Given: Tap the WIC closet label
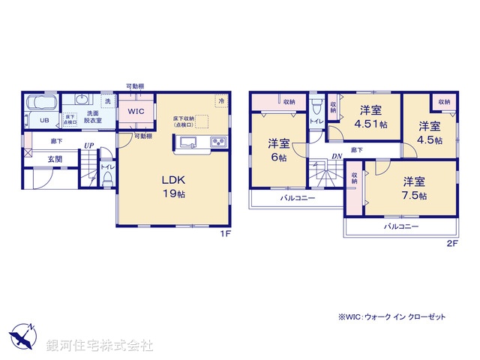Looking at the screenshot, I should (x=136, y=111).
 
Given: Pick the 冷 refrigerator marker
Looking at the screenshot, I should (x=221, y=100).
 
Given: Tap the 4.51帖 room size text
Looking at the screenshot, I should (x=370, y=124).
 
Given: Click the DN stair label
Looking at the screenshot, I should (x=338, y=157).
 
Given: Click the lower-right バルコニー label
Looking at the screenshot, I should (x=401, y=226).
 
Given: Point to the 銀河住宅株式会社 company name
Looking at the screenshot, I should (x=100, y=345).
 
